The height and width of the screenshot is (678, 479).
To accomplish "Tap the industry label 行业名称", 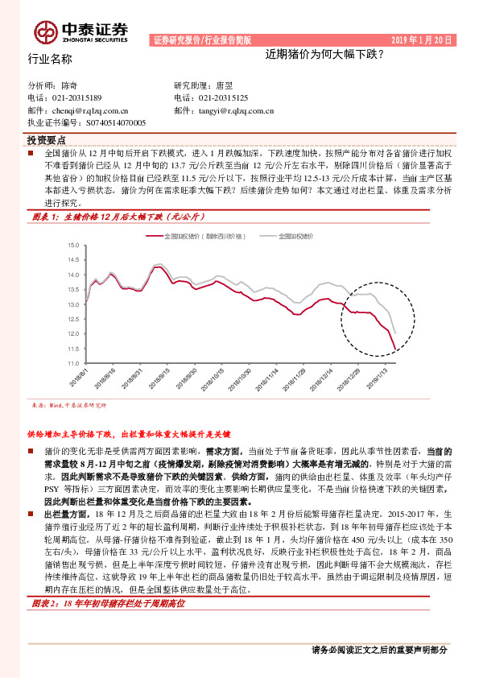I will coord(50,59).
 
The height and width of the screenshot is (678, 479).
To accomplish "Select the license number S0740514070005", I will coord(108,122).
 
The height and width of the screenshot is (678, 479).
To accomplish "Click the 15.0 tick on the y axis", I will coord(72,245).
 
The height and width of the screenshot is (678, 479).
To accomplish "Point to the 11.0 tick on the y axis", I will coord(72,364).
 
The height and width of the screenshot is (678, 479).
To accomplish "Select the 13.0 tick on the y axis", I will coord(72,304).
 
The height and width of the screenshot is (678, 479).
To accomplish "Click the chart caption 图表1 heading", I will coord(119,217).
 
